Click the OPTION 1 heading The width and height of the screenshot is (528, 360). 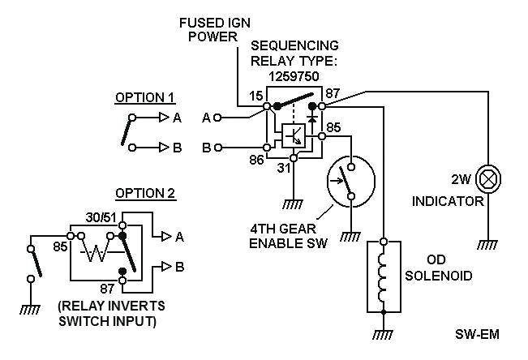tap(144, 97)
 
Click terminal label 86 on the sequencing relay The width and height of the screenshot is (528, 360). tap(256, 161)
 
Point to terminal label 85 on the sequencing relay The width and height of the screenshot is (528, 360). tap(334, 126)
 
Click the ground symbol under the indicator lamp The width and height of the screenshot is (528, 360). tap(487, 244)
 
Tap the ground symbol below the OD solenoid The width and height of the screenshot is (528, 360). tap(384, 336)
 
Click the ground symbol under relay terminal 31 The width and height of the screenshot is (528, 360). tap(294, 205)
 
